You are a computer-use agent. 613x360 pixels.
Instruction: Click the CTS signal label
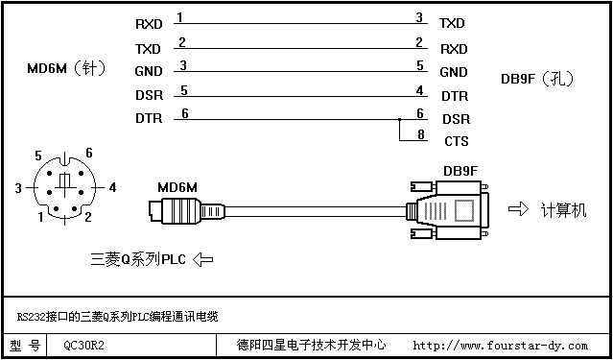click(x=457, y=141)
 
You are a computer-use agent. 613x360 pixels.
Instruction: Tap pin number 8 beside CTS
click(x=420, y=134)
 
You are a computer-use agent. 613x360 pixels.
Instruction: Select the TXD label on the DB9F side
click(x=452, y=23)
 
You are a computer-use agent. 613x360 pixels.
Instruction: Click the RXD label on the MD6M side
click(x=149, y=24)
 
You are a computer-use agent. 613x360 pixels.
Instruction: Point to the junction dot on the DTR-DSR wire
click(x=399, y=119)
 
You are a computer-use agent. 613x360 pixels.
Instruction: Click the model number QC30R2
click(x=83, y=346)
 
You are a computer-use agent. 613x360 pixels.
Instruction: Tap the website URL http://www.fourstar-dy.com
click(x=500, y=346)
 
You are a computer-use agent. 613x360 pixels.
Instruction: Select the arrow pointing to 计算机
click(x=518, y=209)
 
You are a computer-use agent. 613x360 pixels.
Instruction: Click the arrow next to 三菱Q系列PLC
click(x=203, y=259)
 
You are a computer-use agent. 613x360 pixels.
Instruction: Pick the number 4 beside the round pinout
click(x=112, y=188)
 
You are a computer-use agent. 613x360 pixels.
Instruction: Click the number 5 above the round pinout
click(x=38, y=156)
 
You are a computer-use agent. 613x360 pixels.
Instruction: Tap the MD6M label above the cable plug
click(x=177, y=188)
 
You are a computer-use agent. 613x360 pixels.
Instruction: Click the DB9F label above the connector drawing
click(x=460, y=172)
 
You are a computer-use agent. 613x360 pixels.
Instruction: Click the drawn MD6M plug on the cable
click(x=187, y=211)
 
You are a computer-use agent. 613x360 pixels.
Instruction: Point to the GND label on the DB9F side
click(x=454, y=72)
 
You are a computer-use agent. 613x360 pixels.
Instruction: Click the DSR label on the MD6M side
click(x=149, y=95)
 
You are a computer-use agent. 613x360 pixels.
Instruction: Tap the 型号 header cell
click(x=25, y=346)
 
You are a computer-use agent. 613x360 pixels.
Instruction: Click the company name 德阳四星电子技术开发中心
click(x=312, y=346)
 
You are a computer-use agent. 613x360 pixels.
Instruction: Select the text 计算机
click(x=563, y=210)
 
